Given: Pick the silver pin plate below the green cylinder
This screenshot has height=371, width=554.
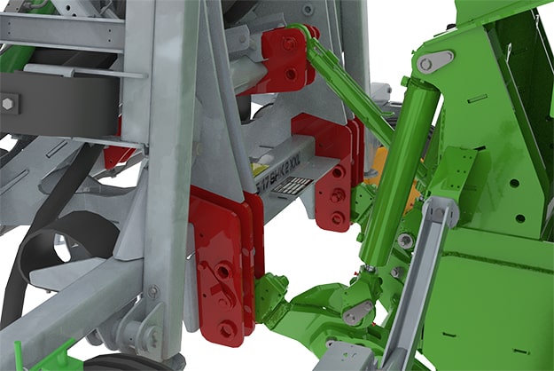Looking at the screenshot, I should (x=358, y=312).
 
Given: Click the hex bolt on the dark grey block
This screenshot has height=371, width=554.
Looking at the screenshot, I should (x=10, y=104).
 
